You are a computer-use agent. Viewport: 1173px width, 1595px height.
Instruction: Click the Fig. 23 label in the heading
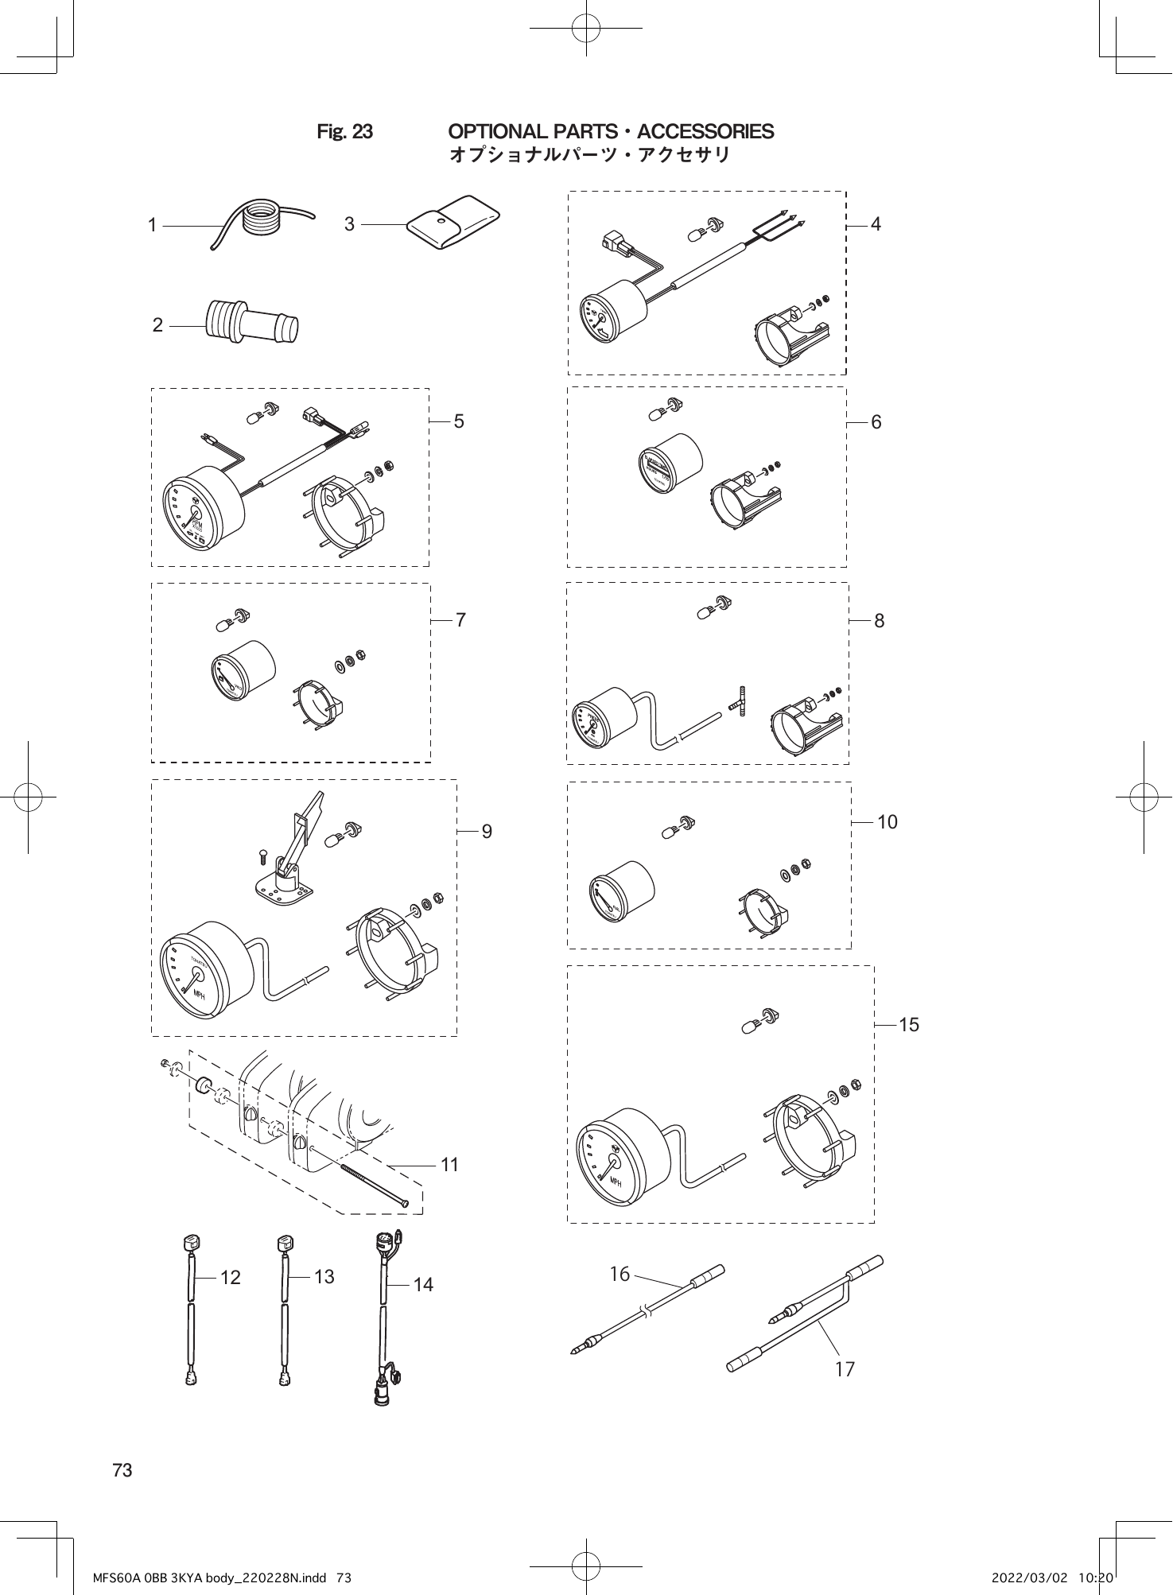click(x=344, y=132)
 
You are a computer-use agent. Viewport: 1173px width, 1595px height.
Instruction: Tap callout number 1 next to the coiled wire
click(x=153, y=226)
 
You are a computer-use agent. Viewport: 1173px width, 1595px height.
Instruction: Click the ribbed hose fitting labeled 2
click(x=252, y=322)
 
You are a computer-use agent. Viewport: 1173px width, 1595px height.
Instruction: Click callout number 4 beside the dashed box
click(x=876, y=225)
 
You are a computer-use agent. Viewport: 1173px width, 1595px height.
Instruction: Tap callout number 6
click(x=876, y=423)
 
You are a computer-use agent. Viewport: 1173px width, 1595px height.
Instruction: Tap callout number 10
click(x=888, y=823)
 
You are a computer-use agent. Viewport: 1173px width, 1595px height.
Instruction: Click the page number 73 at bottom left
click(x=122, y=1471)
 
